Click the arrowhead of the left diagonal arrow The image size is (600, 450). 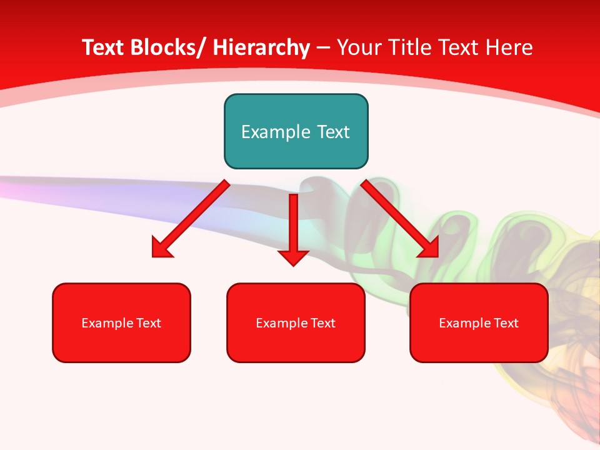point(161,248)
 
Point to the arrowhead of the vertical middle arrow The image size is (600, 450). point(293,257)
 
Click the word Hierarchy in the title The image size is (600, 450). point(261,47)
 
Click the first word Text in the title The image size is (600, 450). point(103,47)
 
